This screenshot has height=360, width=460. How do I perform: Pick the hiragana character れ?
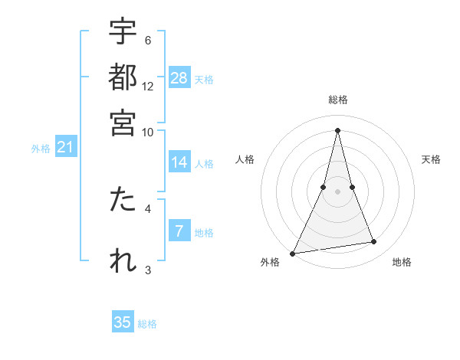[123, 260]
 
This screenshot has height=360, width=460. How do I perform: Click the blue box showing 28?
[179, 77]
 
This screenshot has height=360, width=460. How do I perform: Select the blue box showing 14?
[179, 162]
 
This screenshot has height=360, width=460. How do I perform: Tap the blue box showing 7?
[179, 231]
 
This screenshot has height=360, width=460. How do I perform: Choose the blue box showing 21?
[65, 147]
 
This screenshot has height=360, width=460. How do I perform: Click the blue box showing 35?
[123, 322]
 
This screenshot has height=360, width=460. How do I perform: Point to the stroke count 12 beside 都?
[148, 86]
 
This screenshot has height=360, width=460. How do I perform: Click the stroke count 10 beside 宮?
[148, 131]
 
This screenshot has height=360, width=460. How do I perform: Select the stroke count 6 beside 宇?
[148, 40]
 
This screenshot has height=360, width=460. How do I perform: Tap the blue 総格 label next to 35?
[147, 324]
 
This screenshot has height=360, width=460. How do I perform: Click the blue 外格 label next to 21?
[40, 149]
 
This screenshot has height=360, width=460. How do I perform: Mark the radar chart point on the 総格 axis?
[337, 129]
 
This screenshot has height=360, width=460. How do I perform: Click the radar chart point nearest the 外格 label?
[293, 253]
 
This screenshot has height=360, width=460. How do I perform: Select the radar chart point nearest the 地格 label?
[374, 242]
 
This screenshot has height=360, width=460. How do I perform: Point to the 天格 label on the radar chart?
[432, 159]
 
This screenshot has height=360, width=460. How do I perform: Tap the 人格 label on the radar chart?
[245, 159]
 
